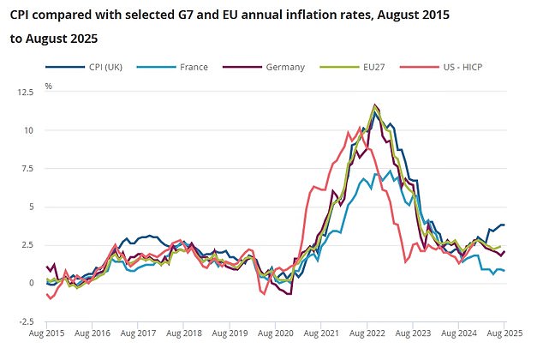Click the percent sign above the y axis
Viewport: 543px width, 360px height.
tap(48, 87)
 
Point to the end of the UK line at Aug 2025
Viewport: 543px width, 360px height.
tap(504, 225)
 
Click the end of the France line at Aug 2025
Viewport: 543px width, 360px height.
tap(504, 271)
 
